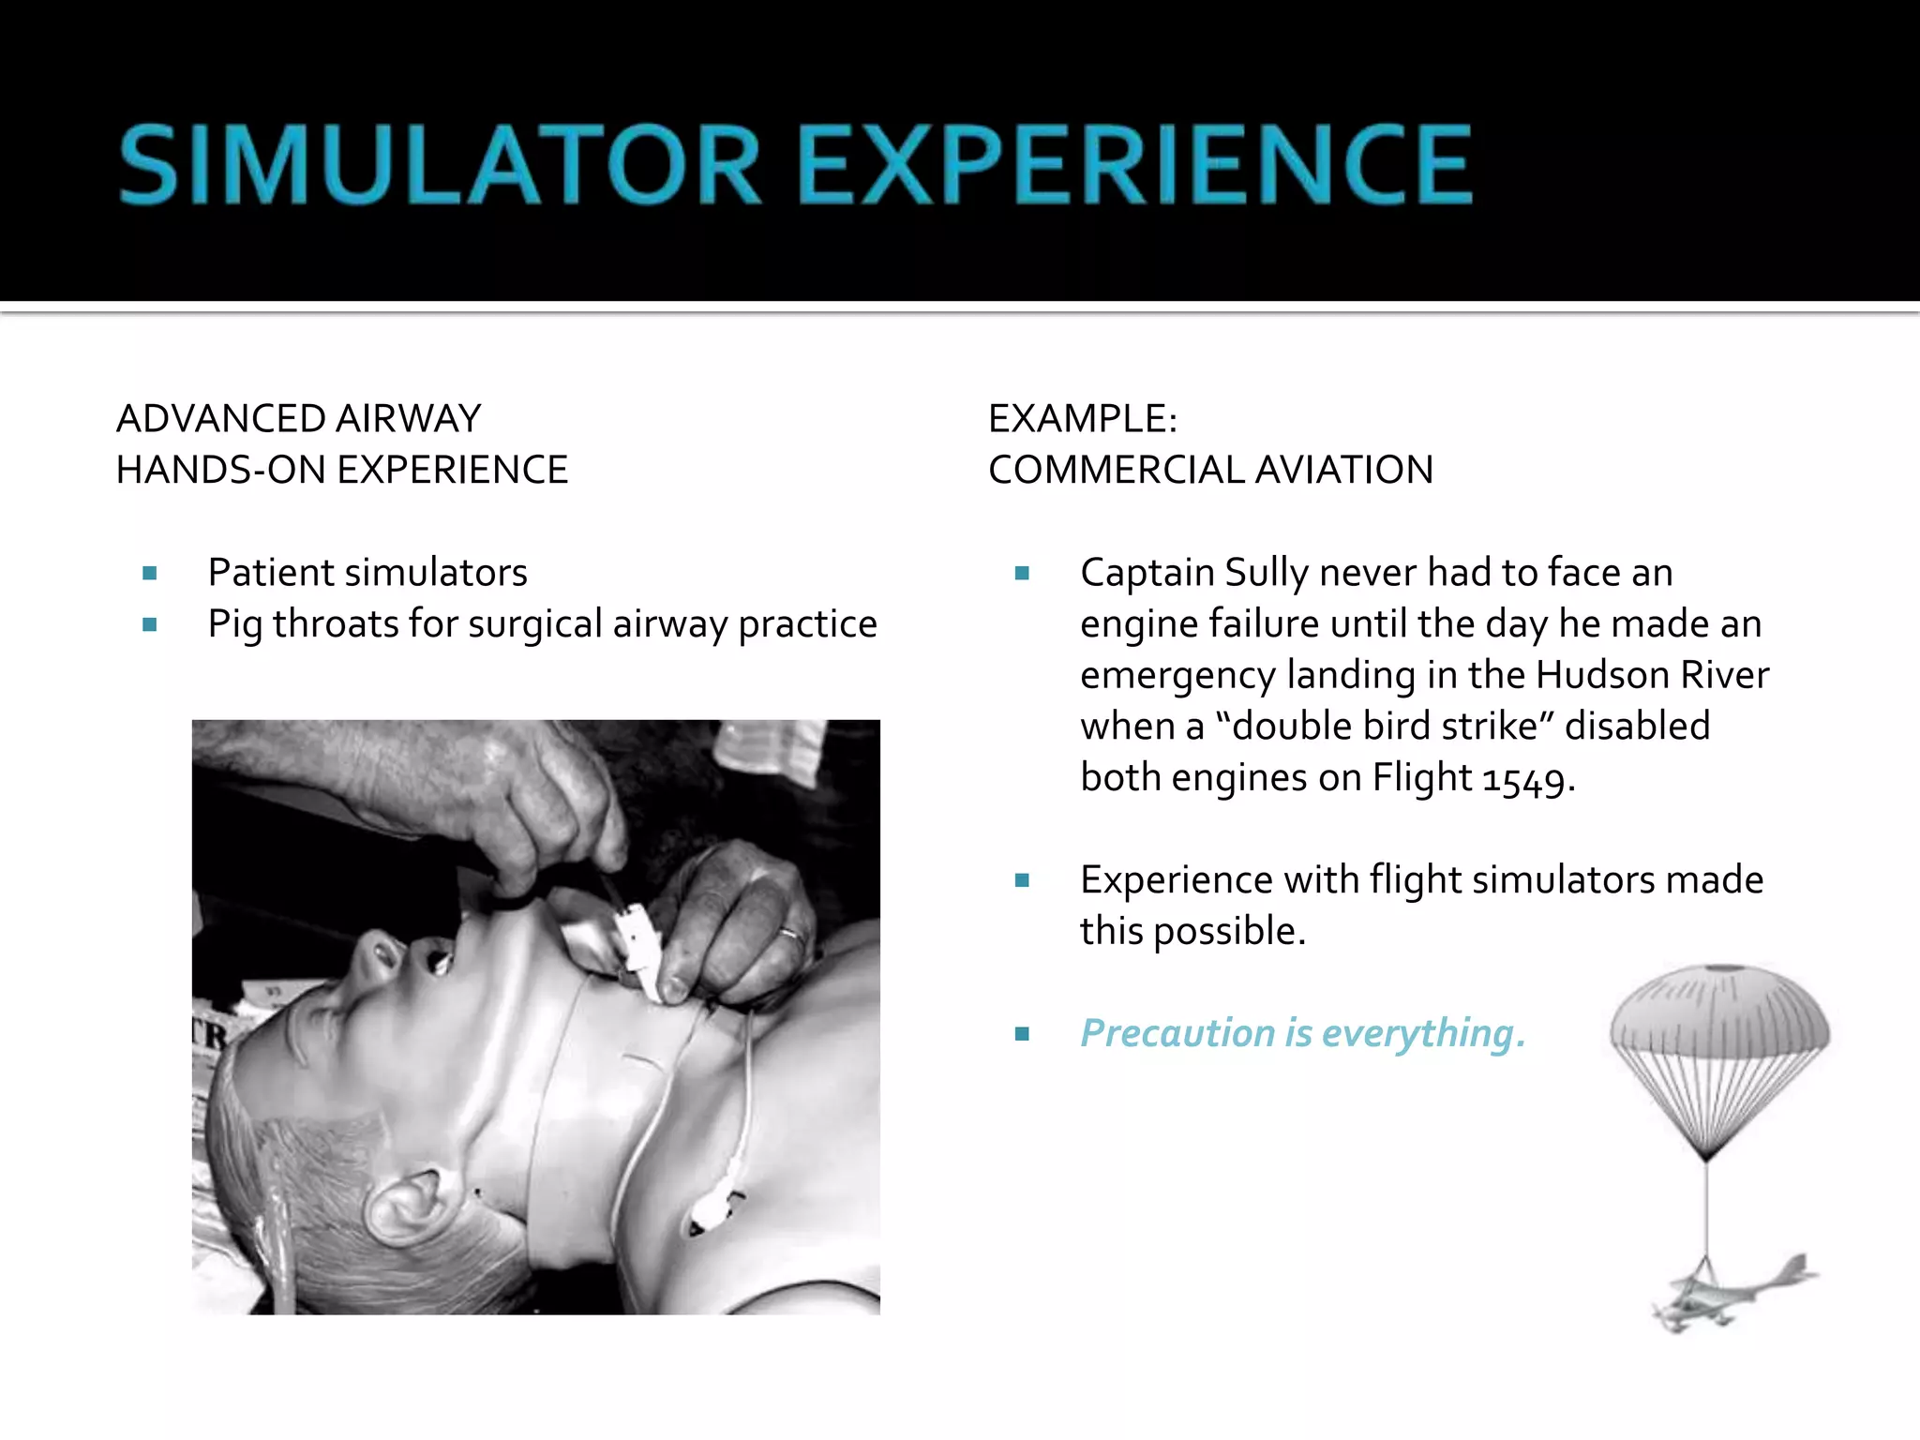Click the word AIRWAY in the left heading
(408, 419)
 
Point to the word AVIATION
(1343, 470)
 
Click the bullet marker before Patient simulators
(150, 574)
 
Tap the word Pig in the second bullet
(233, 625)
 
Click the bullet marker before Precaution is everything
(1022, 1034)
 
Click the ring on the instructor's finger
(791, 934)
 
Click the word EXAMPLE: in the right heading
(1082, 419)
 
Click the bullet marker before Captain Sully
(1022, 574)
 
